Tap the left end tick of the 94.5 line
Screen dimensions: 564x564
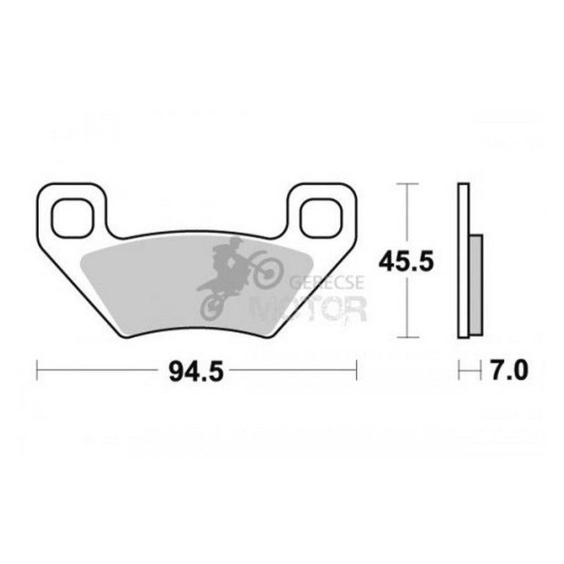(37, 371)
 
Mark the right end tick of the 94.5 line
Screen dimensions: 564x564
(356, 371)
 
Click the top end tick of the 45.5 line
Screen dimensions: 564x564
(407, 183)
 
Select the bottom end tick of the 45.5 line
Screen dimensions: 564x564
(407, 338)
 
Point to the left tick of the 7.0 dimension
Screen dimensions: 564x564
(459, 371)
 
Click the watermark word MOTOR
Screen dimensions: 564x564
(308, 309)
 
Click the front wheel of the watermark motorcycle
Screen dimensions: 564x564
(268, 274)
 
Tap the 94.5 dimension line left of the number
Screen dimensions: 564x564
(103, 371)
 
